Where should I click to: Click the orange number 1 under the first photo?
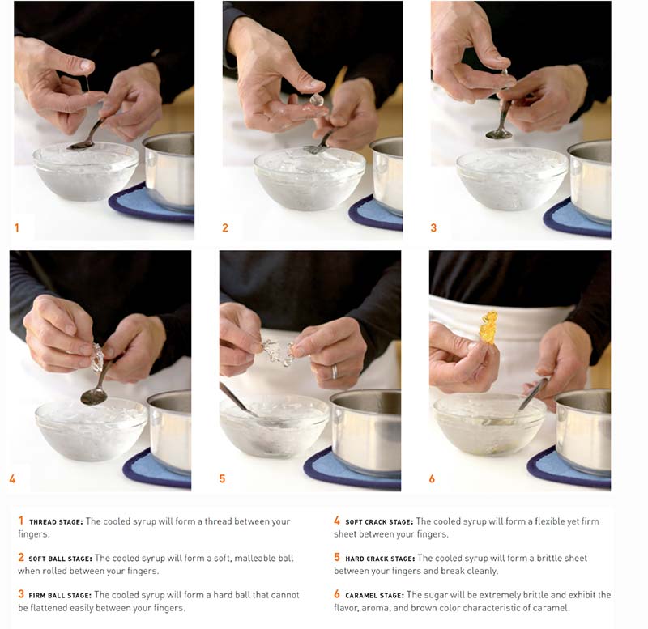tap(16, 228)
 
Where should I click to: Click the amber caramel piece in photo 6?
tap(488, 327)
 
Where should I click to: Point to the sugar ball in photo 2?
tap(316, 100)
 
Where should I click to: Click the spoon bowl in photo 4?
tap(93, 396)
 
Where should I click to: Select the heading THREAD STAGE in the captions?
tap(55, 522)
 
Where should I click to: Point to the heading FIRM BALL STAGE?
tap(59, 595)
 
